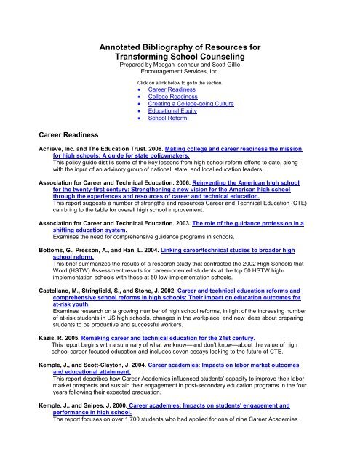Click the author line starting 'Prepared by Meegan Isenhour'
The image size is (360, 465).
point(180,65)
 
